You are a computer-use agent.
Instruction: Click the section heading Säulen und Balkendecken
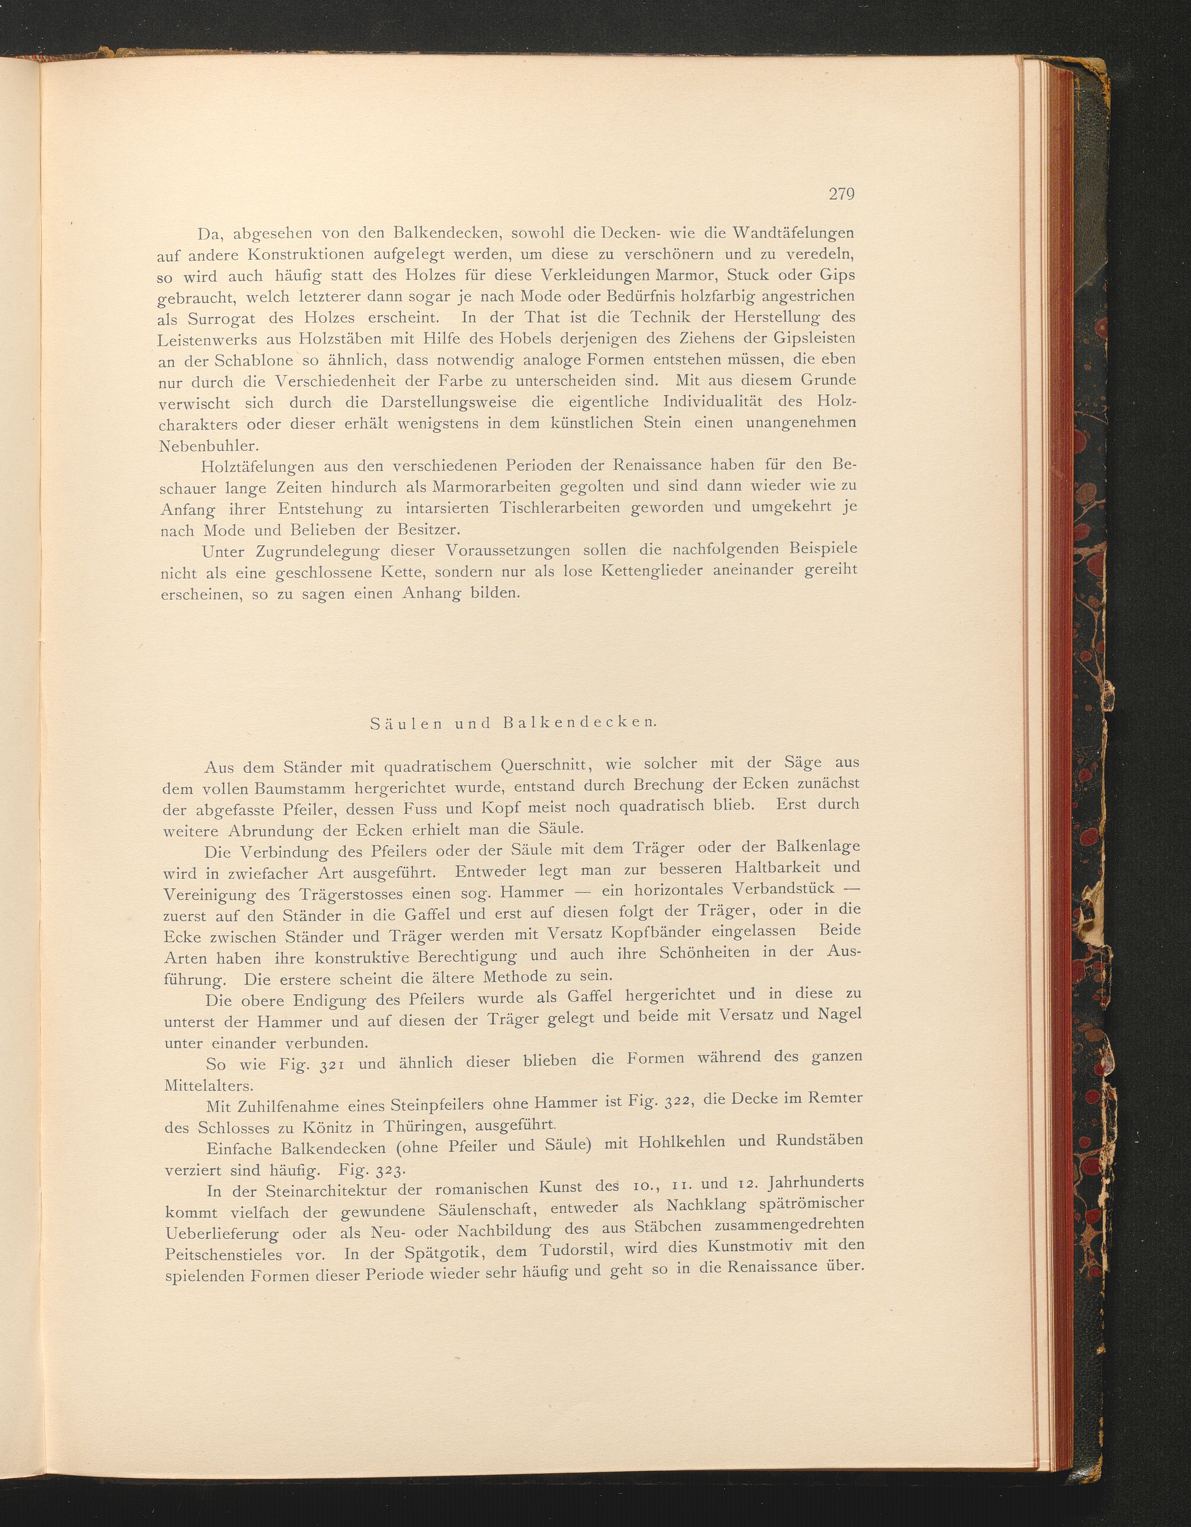click(513, 723)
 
